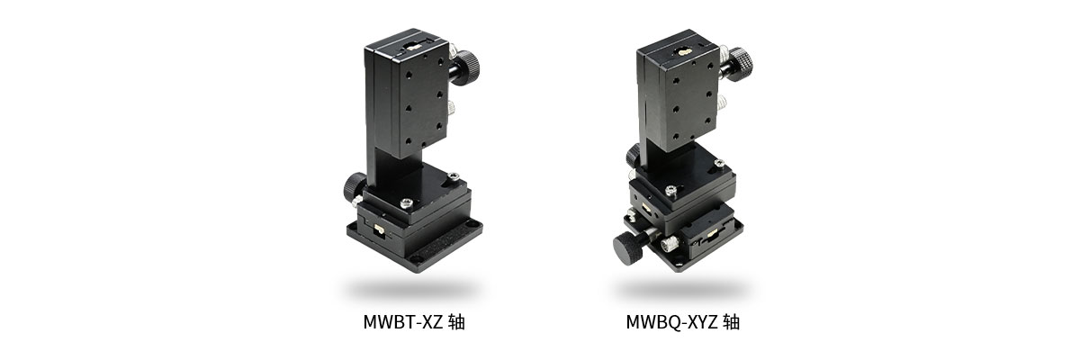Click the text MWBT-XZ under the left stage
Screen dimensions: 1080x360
point(402,321)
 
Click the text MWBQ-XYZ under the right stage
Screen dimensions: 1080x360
point(672,321)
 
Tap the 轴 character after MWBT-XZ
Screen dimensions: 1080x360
point(456,321)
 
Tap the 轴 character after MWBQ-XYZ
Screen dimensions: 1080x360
point(731,321)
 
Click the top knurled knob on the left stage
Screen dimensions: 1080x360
point(465,67)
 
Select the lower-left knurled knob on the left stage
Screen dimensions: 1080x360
point(354,187)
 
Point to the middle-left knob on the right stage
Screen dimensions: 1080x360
point(633,157)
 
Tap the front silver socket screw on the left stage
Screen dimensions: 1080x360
point(408,204)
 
